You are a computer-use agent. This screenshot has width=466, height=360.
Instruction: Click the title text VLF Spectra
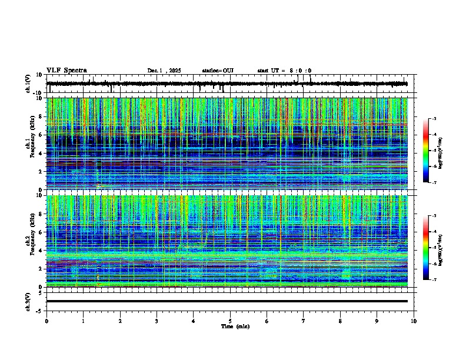pos(66,71)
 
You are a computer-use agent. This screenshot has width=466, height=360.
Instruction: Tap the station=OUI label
pos(218,71)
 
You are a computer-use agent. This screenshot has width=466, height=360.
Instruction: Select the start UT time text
pos(284,71)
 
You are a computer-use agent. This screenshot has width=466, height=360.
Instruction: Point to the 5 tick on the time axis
pos(230,321)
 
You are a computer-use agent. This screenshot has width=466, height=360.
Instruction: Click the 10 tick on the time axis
pos(414,321)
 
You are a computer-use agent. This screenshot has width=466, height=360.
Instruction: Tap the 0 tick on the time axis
pos(46,321)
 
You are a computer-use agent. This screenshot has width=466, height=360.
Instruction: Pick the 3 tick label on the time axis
pos(157,321)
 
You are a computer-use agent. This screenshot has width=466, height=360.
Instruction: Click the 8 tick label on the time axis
pos(340,321)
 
